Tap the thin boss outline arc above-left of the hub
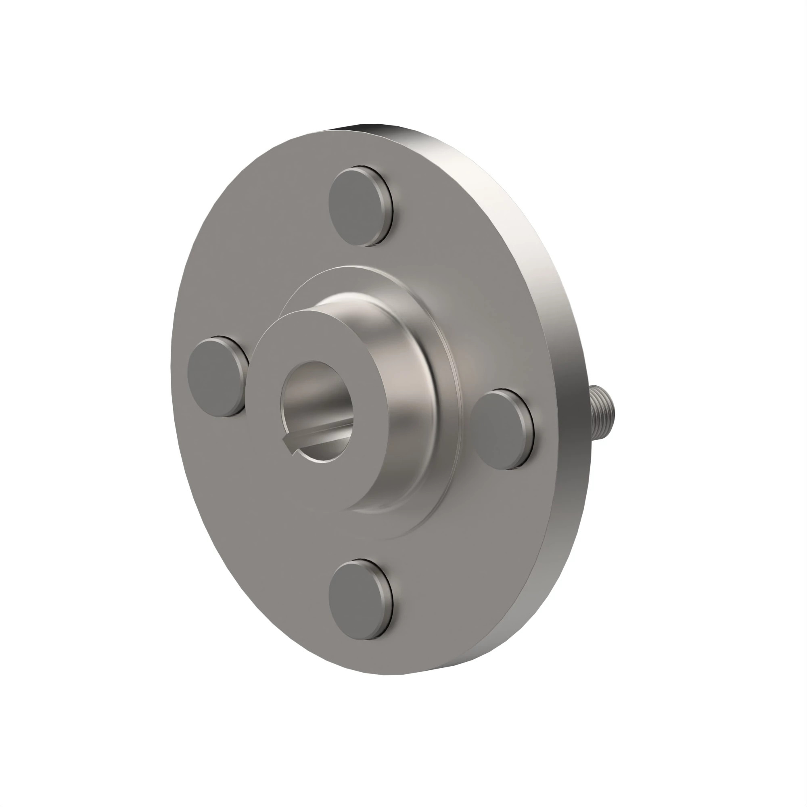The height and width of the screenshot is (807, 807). click(x=293, y=297)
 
